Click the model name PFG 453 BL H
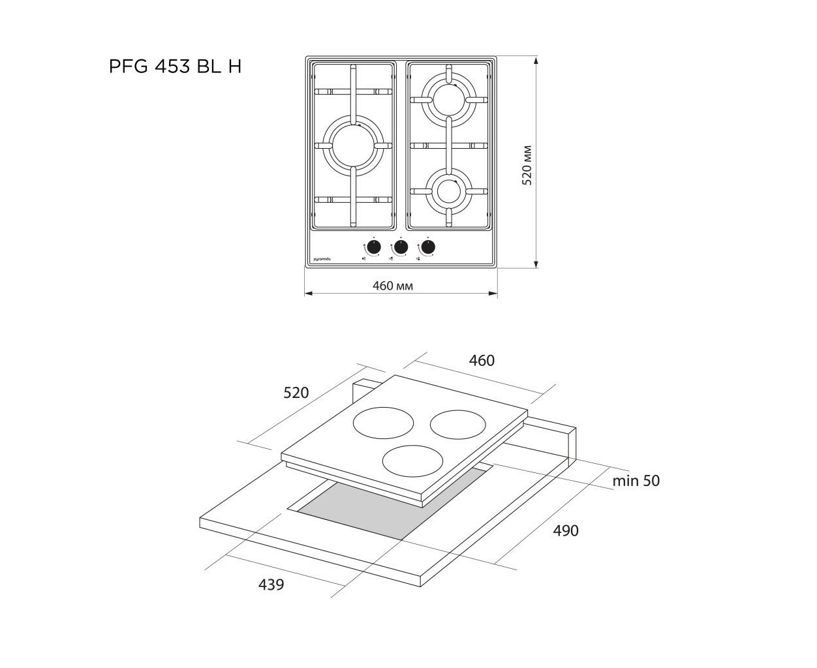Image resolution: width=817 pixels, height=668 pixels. [175, 67]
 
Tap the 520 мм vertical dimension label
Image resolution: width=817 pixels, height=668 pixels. [527, 165]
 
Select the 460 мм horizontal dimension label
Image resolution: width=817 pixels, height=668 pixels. [392, 286]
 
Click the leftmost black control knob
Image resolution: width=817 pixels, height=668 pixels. [374, 247]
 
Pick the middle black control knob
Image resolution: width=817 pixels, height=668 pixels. [401, 247]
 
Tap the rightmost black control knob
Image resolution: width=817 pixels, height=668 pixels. [428, 247]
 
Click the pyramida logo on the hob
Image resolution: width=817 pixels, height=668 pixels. [322, 259]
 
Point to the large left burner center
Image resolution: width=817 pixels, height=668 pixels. [353, 145]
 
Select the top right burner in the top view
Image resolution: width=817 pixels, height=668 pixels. [448, 100]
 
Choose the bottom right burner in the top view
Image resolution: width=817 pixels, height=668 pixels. [448, 191]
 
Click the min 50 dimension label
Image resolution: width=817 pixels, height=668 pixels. [636, 481]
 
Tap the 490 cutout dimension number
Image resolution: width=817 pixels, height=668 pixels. [566, 530]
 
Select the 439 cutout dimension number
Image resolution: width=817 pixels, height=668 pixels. [271, 584]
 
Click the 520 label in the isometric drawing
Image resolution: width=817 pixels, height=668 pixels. [296, 393]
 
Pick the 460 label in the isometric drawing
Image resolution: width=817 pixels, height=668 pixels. [482, 361]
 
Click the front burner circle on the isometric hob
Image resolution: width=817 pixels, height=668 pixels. [412, 461]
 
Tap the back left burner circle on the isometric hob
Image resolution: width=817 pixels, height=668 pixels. [383, 423]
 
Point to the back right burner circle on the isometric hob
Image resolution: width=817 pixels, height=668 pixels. [458, 425]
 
